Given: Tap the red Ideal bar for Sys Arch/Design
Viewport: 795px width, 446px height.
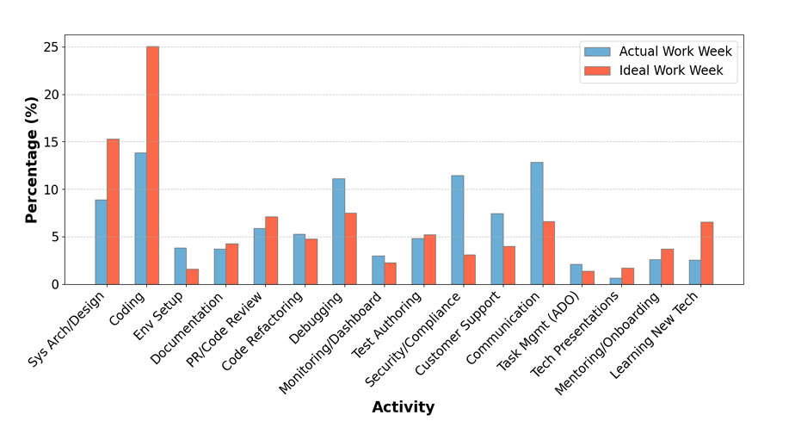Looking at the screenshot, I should [x=113, y=212].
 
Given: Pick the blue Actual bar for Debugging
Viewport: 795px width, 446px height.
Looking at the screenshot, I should [x=338, y=232].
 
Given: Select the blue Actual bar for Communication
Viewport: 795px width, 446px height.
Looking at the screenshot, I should [x=536, y=223].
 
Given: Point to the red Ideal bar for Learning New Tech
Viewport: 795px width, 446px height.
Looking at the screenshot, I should [x=706, y=253].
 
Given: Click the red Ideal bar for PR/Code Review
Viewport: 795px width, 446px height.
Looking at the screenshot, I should [x=271, y=251].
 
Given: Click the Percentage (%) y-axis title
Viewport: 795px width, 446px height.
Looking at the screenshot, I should [x=32, y=159].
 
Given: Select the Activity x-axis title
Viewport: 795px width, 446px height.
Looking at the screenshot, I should [x=403, y=407].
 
